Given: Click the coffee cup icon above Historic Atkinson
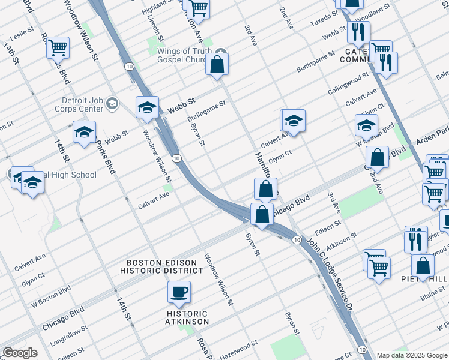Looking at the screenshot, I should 179,293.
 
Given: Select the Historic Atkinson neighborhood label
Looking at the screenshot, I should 187,317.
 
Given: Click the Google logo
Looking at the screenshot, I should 19,353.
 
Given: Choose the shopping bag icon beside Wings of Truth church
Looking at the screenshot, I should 217,64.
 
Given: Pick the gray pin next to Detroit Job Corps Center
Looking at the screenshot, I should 112,104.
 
